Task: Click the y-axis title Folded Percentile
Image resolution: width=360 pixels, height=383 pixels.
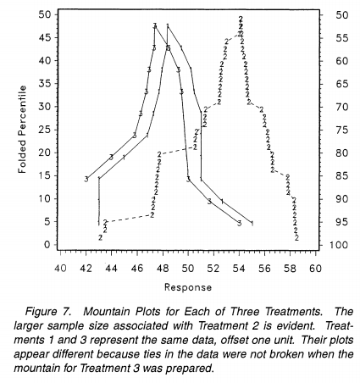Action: pyautogui.click(x=22, y=130)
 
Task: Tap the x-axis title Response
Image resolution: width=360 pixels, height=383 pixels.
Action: pyautogui.click(x=188, y=287)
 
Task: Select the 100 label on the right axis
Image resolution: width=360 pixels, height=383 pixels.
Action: pyautogui.click(x=339, y=245)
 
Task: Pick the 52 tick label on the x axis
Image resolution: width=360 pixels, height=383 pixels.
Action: pyautogui.click(x=213, y=269)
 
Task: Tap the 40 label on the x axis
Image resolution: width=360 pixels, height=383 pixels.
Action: pyautogui.click(x=60, y=269)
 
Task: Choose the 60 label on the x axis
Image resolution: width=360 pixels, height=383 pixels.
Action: pyautogui.click(x=315, y=269)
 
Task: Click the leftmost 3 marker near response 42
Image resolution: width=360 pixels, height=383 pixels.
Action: pyautogui.click(x=86, y=179)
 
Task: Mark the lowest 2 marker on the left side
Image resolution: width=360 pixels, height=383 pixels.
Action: pyautogui.click(x=101, y=237)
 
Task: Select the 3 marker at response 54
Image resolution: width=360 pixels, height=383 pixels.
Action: pyautogui.click(x=240, y=224)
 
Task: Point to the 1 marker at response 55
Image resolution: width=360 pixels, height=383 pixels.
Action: pyautogui.click(x=252, y=224)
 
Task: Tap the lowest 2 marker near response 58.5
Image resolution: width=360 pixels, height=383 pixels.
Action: pyautogui.click(x=296, y=238)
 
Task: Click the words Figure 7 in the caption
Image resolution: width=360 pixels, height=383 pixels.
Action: pyautogui.click(x=47, y=312)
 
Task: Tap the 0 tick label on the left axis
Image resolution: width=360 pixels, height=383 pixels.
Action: pyautogui.click(x=47, y=245)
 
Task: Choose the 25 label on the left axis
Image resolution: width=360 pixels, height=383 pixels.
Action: pyautogui.click(x=44, y=130)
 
